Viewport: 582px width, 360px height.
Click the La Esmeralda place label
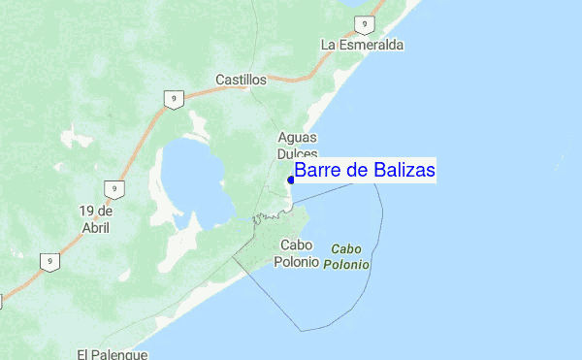[x=362, y=45]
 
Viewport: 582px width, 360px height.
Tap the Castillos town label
[x=241, y=78]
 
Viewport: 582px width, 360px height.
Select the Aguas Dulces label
[x=297, y=146]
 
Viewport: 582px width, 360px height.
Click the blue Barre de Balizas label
[x=365, y=171]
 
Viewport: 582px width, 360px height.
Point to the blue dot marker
[x=291, y=180]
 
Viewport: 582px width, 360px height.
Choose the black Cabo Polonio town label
[x=299, y=254]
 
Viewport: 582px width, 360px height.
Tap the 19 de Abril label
[x=96, y=218]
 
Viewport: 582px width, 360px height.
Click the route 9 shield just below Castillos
[x=172, y=99]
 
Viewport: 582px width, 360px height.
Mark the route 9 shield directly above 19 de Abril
[x=114, y=188]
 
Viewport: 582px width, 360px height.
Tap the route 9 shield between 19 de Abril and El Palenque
[x=48, y=261]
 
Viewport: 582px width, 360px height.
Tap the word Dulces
[x=297, y=153]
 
